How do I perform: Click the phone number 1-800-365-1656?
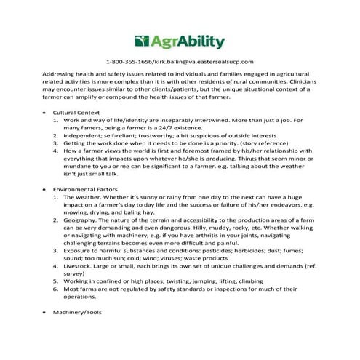[x=129, y=63]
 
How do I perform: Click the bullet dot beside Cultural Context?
[x=45, y=113]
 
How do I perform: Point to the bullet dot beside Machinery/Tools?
[x=45, y=312]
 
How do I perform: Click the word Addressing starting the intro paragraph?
[x=63, y=76]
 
